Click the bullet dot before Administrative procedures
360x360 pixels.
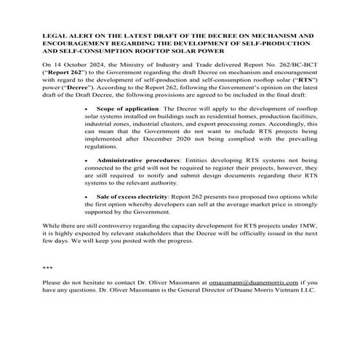click(87, 158)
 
